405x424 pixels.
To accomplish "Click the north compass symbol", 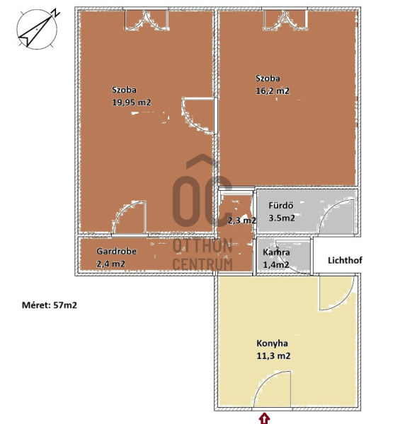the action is tap(37, 29).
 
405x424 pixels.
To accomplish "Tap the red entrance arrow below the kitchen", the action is tap(264, 418).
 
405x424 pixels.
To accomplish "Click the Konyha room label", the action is tap(272, 343).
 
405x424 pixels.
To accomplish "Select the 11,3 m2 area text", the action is tap(273, 356).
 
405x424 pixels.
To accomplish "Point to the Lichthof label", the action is tap(345, 260).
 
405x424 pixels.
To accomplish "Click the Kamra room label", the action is tap(276, 252).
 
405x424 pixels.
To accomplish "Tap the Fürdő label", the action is tap(280, 206).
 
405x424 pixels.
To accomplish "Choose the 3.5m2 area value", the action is tap(282, 218).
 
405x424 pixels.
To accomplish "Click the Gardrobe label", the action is tap(117, 251).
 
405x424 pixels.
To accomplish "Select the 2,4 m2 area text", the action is tap(110, 264).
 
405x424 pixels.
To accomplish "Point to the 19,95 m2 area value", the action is tap(132, 102).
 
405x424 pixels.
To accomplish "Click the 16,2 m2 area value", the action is tap(273, 91).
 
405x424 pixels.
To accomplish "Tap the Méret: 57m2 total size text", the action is tap(50, 305).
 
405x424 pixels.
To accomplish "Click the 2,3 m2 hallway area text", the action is tap(241, 220).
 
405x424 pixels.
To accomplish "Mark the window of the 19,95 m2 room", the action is tap(147, 19).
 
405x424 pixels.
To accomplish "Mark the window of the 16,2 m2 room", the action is tap(285, 19).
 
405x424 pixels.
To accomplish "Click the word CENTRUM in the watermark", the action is tap(202, 264).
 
